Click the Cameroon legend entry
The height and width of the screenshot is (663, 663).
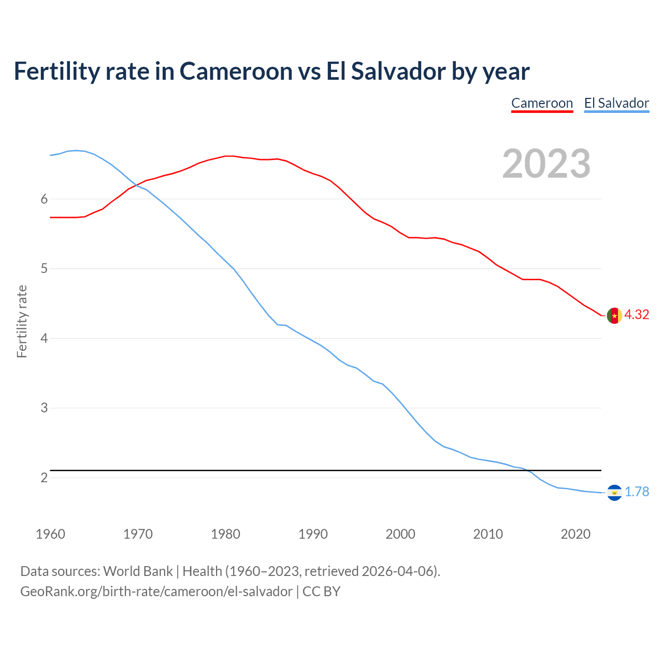[542, 103]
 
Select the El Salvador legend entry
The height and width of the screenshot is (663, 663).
[616, 103]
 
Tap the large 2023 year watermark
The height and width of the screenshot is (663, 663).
[546, 164]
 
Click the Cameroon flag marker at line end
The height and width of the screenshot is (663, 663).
[614, 315]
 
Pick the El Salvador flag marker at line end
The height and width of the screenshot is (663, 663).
[614, 493]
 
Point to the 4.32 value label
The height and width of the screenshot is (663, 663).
[637, 315]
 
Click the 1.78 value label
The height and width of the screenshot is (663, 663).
[637, 492]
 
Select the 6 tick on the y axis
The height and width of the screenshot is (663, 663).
[44, 199]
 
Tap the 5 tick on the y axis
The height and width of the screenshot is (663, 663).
[44, 269]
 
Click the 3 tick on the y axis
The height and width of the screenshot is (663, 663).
[44, 408]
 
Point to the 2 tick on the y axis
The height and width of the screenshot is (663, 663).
[44, 478]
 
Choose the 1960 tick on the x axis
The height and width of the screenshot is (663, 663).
[50, 534]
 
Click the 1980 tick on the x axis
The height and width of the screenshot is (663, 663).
[225, 534]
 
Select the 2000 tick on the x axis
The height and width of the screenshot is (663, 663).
[400, 534]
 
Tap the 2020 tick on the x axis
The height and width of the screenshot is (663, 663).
[575, 534]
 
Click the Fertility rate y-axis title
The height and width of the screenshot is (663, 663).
[22, 321]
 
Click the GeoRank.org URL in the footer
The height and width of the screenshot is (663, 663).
[156, 592]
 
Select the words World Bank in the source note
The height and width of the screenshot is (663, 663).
[138, 571]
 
